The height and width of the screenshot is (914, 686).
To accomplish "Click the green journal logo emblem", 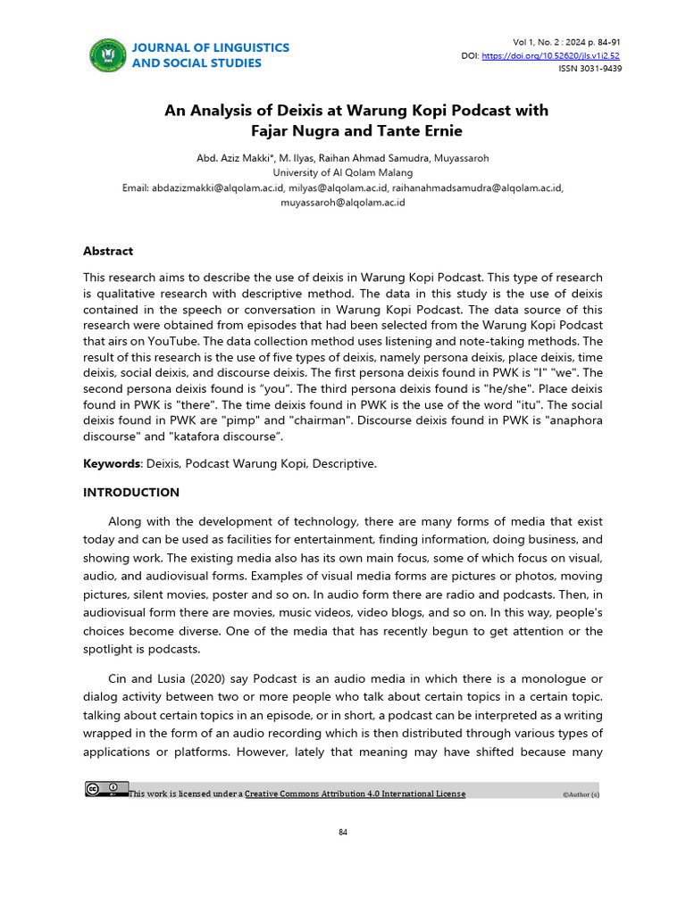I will pyautogui.click(x=108, y=55).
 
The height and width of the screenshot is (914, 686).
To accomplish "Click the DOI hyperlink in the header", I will pyautogui.click(x=550, y=55).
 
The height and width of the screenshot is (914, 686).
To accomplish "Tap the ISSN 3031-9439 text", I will pyautogui.click(x=590, y=68).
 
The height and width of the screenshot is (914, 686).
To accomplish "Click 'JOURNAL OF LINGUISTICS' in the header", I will pyautogui.click(x=211, y=47).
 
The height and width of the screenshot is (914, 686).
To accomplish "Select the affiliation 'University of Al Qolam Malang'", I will pyautogui.click(x=342, y=172).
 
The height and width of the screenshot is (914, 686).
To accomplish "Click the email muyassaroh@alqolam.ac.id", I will pyautogui.click(x=342, y=203).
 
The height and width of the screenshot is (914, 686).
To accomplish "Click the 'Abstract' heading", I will pyautogui.click(x=108, y=251).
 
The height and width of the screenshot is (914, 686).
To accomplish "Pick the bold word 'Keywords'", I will pyautogui.click(x=111, y=464).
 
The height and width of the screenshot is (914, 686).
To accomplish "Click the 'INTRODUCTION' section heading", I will pyautogui.click(x=131, y=492).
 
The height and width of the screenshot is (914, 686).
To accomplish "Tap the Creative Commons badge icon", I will pyautogui.click(x=106, y=789).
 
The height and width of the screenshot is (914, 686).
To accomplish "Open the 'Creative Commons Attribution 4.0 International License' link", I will pyautogui.click(x=355, y=794).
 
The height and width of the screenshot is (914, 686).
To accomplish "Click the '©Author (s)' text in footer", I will pyautogui.click(x=581, y=794).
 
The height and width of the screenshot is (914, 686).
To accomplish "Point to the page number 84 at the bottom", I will pyautogui.click(x=342, y=833).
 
